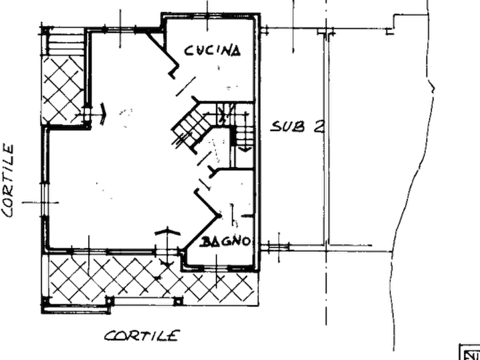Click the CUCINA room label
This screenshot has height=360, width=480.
click(x=212, y=51)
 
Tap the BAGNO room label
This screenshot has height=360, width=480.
click(x=225, y=242)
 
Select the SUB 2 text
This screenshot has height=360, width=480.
click(x=297, y=126)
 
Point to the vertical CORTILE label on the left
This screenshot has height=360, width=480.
click(x=8, y=181)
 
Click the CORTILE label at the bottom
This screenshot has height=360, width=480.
click(x=141, y=336)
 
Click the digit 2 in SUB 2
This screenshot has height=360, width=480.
click(x=319, y=126)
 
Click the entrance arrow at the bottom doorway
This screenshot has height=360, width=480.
click(x=167, y=246)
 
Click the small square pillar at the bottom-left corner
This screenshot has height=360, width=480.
click(x=46, y=301)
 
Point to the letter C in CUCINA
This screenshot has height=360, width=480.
click(x=189, y=51)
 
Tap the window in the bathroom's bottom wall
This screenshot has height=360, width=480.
click(x=216, y=269)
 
